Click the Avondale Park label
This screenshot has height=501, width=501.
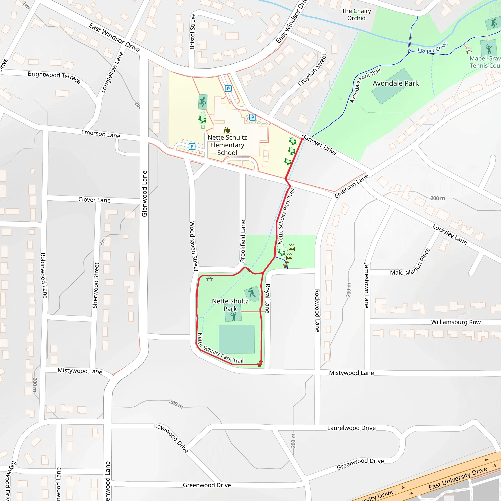(x=396, y=83)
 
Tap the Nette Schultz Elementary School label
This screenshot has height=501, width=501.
(x=227, y=145)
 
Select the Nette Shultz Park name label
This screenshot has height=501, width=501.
(x=230, y=305)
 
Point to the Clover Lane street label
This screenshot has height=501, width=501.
(x=94, y=200)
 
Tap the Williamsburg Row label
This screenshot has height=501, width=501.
(x=455, y=322)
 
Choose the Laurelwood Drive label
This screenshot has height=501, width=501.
(x=351, y=428)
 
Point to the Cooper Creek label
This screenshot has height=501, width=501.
(x=433, y=47)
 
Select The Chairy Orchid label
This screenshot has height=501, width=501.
(x=356, y=14)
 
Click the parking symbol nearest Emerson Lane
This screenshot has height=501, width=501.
(x=192, y=147)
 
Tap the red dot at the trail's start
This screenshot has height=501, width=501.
(x=302, y=139)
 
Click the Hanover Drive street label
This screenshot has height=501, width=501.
(x=319, y=144)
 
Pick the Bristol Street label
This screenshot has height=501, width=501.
(x=193, y=32)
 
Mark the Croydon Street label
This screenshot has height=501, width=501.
(x=312, y=70)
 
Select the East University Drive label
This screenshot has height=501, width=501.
(x=458, y=478)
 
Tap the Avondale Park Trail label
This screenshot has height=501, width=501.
(x=365, y=85)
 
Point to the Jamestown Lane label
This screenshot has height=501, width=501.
(x=366, y=285)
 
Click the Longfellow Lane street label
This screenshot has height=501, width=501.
(x=112, y=72)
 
